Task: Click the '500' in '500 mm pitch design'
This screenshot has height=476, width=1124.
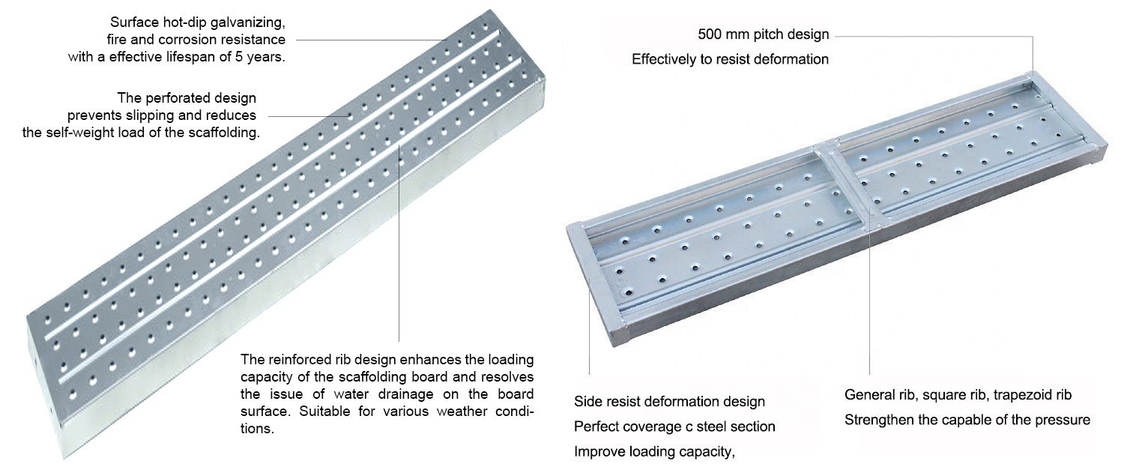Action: pyautogui.click(x=710, y=34)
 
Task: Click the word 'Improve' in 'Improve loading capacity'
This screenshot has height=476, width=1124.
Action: pyautogui.click(x=596, y=452)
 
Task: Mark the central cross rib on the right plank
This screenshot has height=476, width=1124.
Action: pyautogui.click(x=848, y=186)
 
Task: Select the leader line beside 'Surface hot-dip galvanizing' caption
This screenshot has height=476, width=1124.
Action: pyautogui.click(x=372, y=40)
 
